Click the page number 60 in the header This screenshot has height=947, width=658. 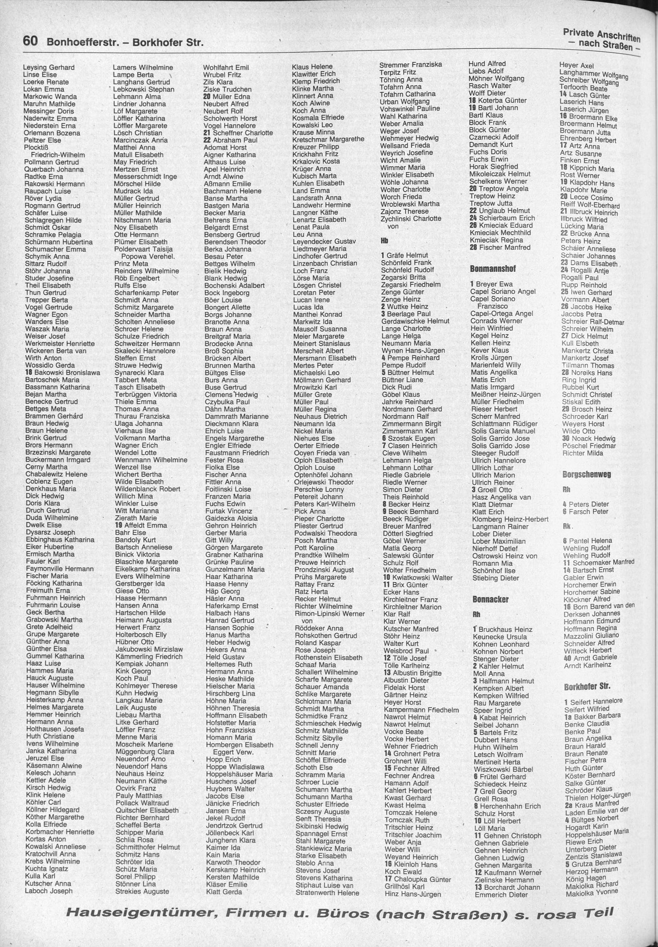pos(30,41)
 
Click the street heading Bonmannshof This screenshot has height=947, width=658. pos(493,268)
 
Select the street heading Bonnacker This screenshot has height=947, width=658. pos(490,599)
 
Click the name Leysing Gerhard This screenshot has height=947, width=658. pos(48,68)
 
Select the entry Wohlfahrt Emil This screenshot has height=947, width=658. pos(226,68)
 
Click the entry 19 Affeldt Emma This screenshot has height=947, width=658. pos(141,525)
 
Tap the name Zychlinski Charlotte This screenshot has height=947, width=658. pos(410,218)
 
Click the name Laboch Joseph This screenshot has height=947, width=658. pos(49,891)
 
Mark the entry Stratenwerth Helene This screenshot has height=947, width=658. pos(327,893)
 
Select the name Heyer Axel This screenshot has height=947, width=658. pos(576,66)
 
